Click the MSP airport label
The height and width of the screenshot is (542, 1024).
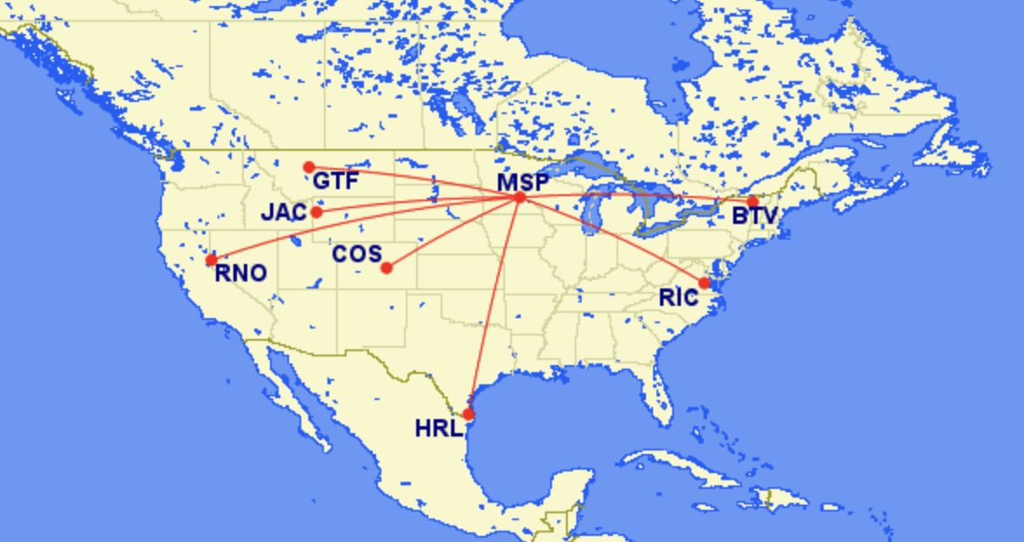click(522, 182)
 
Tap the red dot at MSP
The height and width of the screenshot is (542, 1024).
click(520, 198)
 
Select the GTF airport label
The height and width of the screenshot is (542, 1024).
click(335, 181)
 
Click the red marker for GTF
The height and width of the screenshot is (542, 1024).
click(309, 167)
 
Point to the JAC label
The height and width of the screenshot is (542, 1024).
click(284, 213)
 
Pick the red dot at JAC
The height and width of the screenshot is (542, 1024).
click(317, 212)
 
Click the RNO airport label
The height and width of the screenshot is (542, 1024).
click(240, 274)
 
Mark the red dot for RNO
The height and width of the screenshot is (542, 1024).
click(211, 260)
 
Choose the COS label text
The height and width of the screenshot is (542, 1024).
click(357, 254)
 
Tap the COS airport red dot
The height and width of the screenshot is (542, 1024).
click(387, 268)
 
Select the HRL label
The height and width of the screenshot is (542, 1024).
click(438, 429)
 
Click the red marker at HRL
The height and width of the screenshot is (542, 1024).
click(468, 415)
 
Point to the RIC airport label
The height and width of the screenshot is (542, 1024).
click(678, 297)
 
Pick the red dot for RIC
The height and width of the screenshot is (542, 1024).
click(704, 283)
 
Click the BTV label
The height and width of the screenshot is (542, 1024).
click(754, 215)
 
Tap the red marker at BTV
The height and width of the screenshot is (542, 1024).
click(752, 202)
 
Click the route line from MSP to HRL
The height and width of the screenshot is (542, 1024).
click(494, 305)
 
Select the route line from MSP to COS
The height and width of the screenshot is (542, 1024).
click(453, 233)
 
